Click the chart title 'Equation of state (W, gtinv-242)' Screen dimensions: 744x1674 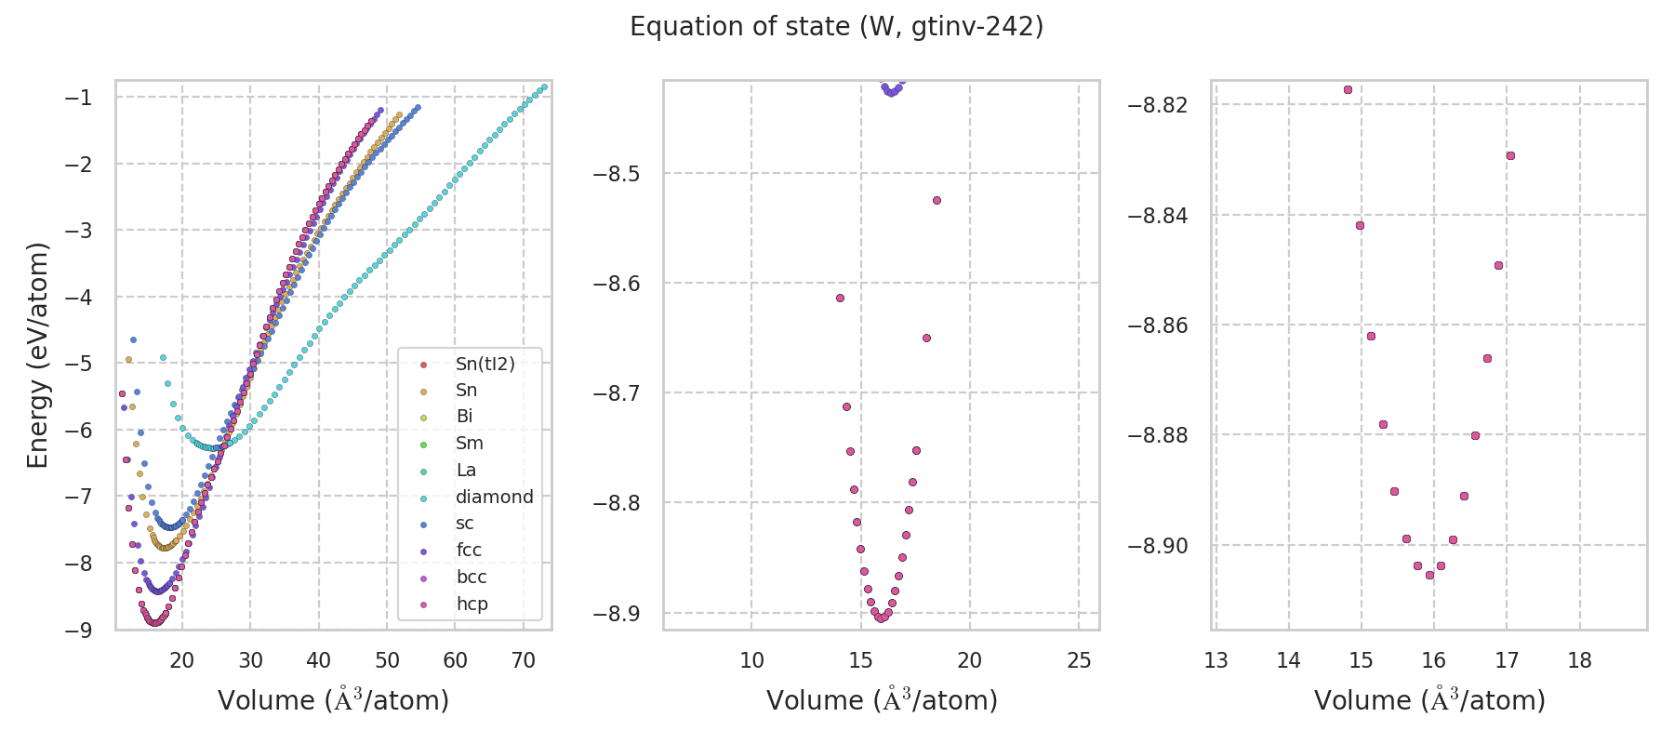point(836,27)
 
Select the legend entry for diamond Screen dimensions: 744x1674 point(494,497)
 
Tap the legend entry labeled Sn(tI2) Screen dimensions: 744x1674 point(485,364)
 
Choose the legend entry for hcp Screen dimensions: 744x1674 point(472,604)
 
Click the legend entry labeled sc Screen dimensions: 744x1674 point(465,524)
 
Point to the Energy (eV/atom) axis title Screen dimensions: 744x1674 point(37,354)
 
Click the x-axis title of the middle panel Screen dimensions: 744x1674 point(882,700)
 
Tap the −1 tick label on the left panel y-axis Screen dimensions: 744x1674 point(81,98)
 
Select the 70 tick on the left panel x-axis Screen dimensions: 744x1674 point(524,660)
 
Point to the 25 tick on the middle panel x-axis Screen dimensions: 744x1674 point(1079,660)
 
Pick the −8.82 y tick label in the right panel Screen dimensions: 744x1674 point(1158,105)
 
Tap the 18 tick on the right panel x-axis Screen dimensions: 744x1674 point(1580,660)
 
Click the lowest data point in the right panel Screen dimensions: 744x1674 point(1429,575)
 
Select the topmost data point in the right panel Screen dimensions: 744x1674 point(1348,90)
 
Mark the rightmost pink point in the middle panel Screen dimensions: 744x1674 point(937,200)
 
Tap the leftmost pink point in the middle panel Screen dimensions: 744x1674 point(840,298)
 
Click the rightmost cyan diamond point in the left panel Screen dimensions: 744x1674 point(544,87)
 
